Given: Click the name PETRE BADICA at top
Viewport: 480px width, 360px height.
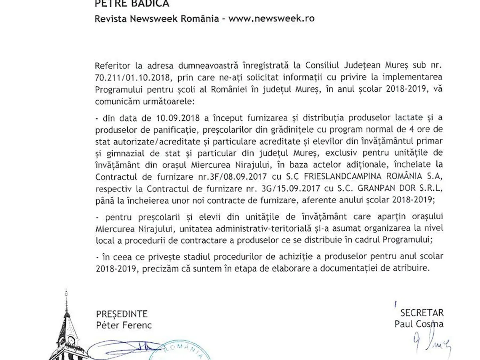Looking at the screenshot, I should pos(126,4).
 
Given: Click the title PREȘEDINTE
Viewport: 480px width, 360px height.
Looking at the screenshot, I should pos(122,313).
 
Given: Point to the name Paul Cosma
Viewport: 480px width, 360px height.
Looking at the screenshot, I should pos(418,324).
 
